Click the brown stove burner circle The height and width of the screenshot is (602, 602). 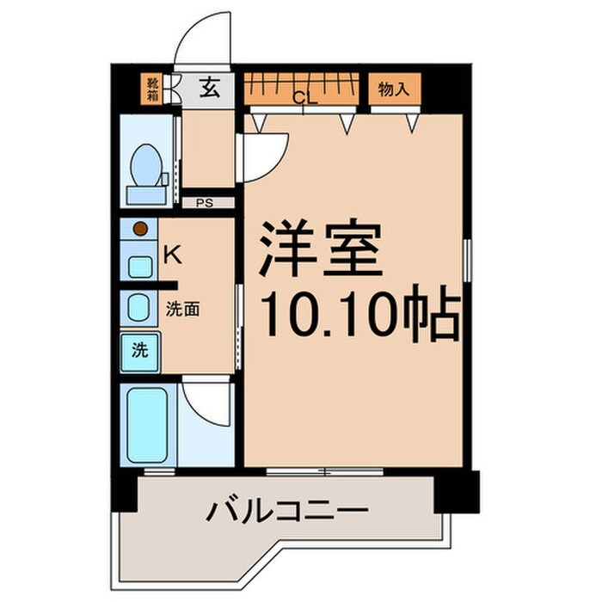click(x=140, y=229)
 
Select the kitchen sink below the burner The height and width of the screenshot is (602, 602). click(x=139, y=263)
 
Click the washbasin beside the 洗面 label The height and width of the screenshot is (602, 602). click(x=138, y=307)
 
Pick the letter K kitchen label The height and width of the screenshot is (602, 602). click(x=172, y=255)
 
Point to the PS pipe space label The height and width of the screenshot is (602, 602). click(x=204, y=204)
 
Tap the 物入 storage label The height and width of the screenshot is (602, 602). click(x=395, y=87)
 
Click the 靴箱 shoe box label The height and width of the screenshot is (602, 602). click(x=152, y=88)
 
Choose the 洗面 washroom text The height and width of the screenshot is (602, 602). click(x=182, y=307)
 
